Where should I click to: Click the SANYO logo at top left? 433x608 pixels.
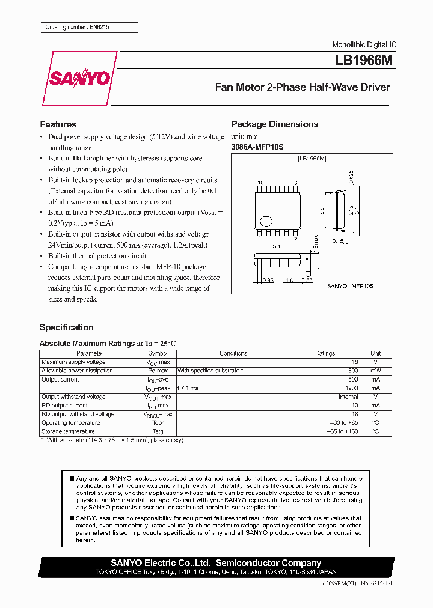click(80, 78)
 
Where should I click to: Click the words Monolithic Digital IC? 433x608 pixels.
click(364, 45)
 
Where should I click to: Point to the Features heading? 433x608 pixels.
click(58, 124)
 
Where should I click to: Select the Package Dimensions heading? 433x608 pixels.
click(274, 124)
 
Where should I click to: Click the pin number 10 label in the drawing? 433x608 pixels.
click(260, 182)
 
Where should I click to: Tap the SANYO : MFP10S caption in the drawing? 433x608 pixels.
click(351, 287)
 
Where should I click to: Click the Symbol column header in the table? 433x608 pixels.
click(158, 354)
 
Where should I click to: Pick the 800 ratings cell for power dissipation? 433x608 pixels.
click(352, 371)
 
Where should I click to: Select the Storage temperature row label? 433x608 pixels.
click(68, 431)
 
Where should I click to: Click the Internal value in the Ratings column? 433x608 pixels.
click(348, 397)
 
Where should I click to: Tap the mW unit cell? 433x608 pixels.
click(375, 371)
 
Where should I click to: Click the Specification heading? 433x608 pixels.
click(66, 327)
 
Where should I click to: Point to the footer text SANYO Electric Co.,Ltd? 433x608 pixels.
click(160, 563)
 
